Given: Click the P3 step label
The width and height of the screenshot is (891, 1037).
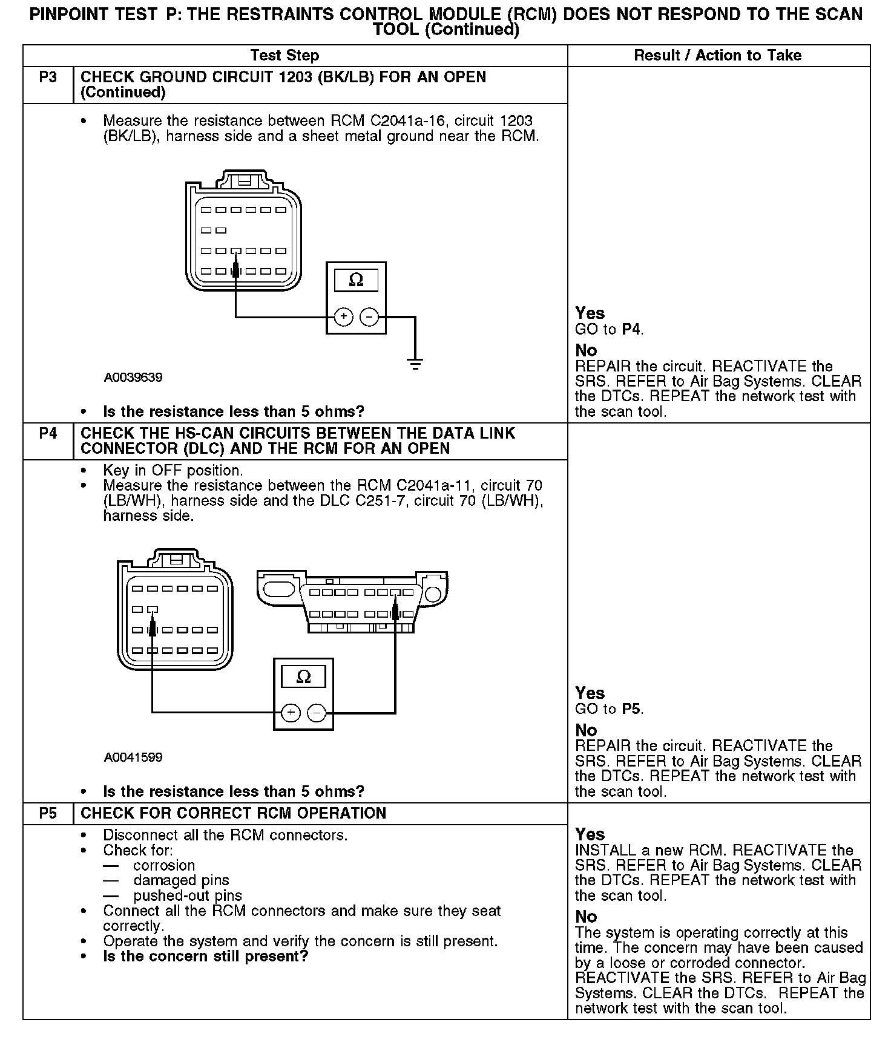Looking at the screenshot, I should (48, 78).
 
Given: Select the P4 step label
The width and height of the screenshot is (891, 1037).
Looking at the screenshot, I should (48, 434).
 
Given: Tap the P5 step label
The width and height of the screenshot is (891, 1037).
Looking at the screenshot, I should (48, 813).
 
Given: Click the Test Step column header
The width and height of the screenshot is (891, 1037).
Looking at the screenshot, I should (284, 56).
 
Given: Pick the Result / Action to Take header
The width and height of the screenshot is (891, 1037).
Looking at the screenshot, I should (717, 56).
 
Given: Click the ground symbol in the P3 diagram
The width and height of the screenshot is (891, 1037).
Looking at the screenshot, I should (415, 364).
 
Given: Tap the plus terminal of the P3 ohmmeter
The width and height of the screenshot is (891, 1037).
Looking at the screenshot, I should (343, 316).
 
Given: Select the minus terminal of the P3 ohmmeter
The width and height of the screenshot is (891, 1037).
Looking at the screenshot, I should (369, 316).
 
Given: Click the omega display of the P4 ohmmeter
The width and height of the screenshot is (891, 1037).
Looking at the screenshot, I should (303, 676).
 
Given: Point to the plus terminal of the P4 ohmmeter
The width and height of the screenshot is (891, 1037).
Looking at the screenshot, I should (291, 713).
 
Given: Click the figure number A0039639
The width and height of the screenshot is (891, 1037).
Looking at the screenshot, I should (133, 378).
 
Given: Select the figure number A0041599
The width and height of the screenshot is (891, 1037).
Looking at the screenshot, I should (133, 757).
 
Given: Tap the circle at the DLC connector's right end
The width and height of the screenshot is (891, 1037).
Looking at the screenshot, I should (433, 594).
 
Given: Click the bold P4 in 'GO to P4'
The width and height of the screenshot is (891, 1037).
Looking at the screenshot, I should (631, 330).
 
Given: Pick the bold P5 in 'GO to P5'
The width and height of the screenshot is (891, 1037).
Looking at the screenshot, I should (631, 709).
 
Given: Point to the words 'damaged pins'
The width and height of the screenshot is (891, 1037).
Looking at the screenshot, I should (181, 880).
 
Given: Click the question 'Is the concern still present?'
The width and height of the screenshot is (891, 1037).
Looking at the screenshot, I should (205, 957).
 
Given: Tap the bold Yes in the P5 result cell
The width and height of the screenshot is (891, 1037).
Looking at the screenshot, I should (590, 834).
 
